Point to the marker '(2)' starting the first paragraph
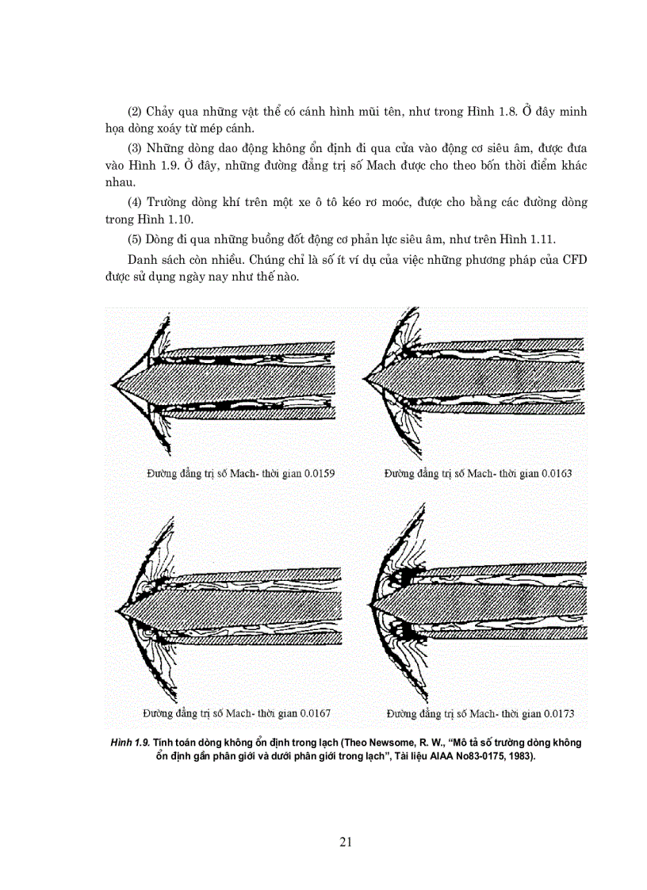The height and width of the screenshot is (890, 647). click(x=136, y=113)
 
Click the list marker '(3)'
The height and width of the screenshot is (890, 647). click(x=136, y=149)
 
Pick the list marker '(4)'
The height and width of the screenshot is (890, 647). click(x=136, y=202)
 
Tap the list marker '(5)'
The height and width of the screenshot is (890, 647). click(x=136, y=240)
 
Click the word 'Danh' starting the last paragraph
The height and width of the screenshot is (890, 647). click(x=144, y=262)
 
